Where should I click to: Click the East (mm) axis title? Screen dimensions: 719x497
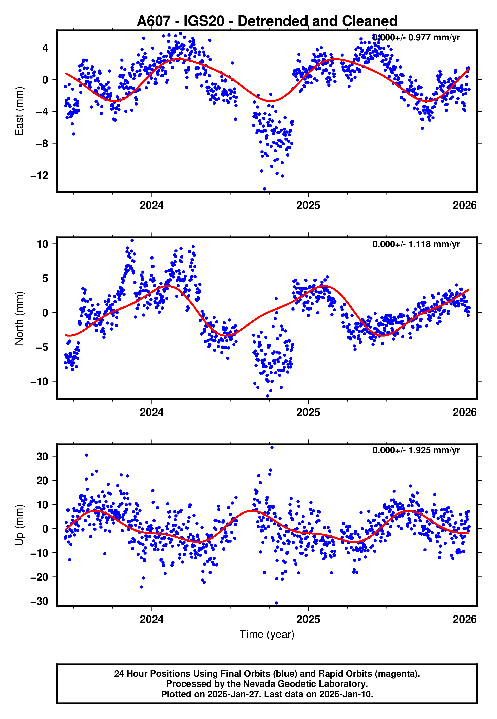click(x=19, y=111)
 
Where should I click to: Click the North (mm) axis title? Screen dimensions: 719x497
click(x=19, y=318)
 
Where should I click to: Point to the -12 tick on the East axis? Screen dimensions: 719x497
click(x=40, y=176)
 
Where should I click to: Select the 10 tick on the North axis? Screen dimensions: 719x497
click(x=42, y=244)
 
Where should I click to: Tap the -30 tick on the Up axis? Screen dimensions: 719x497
click(x=40, y=601)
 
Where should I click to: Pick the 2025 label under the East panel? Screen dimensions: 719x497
click(x=308, y=205)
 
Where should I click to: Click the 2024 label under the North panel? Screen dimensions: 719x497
click(x=152, y=412)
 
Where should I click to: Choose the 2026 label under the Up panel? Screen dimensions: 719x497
click(x=464, y=619)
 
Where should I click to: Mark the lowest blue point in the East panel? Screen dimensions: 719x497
click(x=265, y=189)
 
